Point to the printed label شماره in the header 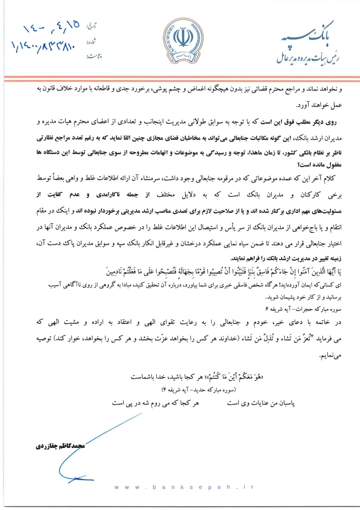pyautogui.click(x=93, y=42)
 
